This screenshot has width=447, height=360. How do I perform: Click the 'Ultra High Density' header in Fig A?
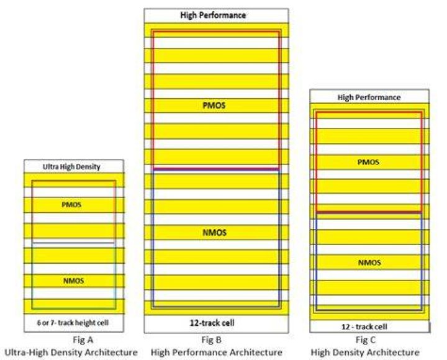[x=71, y=167]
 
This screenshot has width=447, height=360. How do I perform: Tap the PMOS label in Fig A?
[x=71, y=205]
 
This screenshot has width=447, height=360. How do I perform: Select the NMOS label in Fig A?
[x=73, y=281]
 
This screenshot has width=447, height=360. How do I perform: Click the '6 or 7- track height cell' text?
[x=73, y=323]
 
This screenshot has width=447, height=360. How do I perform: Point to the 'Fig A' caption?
[x=83, y=340]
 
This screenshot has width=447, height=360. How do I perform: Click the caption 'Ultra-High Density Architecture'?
[x=71, y=353]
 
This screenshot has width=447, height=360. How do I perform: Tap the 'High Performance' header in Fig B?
[x=213, y=15]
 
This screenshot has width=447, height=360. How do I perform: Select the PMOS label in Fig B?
[x=214, y=106]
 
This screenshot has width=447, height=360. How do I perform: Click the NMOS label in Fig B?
[x=214, y=233]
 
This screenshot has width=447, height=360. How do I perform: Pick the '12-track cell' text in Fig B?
[x=212, y=323]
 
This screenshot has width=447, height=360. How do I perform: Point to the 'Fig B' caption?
[x=211, y=340]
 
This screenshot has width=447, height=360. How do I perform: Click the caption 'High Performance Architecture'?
[x=217, y=353]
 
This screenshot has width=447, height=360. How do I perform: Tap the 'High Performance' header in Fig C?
[x=369, y=97]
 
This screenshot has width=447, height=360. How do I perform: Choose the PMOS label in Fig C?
[x=368, y=162]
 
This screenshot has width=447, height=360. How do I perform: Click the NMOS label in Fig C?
[x=369, y=263]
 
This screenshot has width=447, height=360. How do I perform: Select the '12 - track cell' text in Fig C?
[x=364, y=326]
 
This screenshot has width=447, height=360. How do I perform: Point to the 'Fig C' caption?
[x=366, y=340]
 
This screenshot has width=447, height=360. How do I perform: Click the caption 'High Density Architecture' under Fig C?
[x=365, y=353]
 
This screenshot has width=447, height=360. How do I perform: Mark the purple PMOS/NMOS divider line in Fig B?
[x=216, y=169]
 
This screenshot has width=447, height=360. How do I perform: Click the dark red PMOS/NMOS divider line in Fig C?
[x=369, y=212]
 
